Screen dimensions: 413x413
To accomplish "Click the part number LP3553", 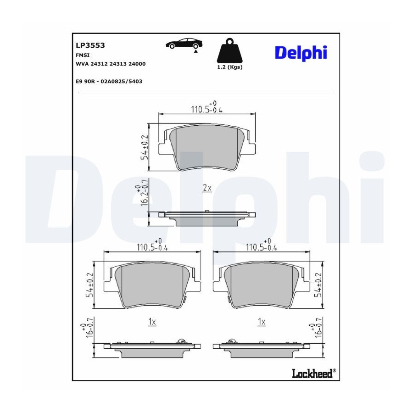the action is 90,45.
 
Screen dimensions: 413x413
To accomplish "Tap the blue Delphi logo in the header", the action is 301,53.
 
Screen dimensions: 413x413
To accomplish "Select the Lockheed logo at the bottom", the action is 314,373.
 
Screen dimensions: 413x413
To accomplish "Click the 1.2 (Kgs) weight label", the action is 230,67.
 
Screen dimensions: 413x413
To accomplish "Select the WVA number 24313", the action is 118,64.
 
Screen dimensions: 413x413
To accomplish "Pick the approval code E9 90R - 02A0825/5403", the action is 109,81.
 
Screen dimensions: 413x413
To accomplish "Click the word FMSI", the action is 83,56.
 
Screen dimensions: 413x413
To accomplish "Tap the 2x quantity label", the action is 207,188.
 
